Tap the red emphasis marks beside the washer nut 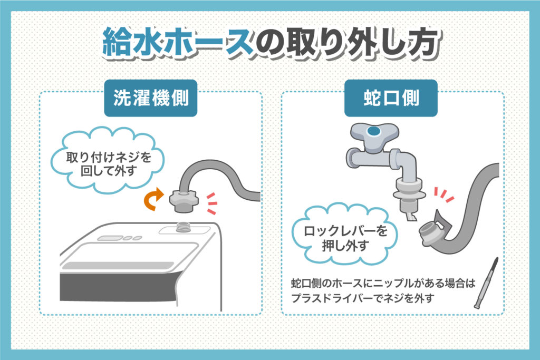[x=211, y=203]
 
